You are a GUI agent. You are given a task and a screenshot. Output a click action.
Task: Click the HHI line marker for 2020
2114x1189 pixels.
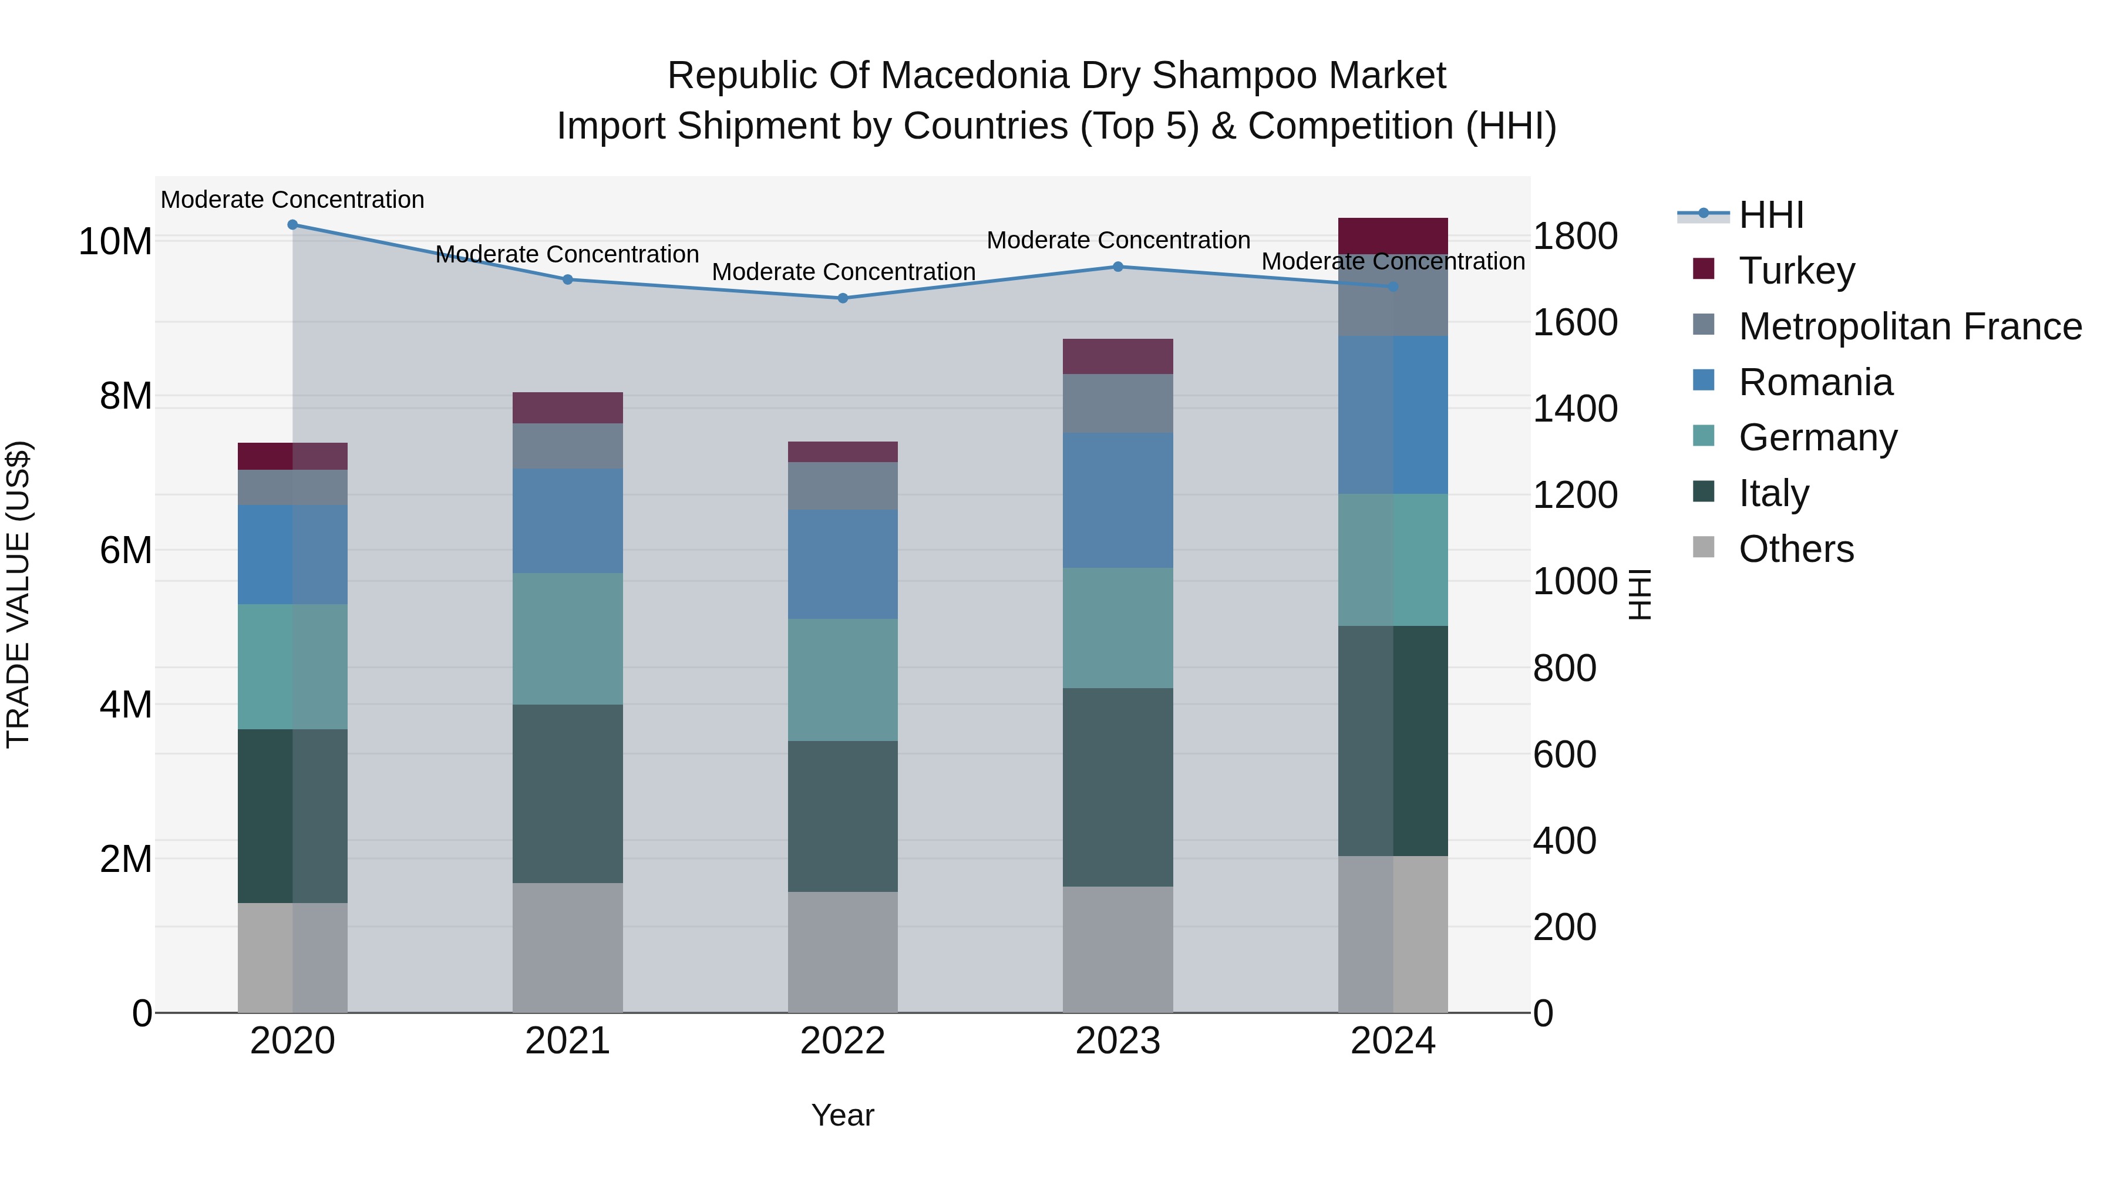pos(292,225)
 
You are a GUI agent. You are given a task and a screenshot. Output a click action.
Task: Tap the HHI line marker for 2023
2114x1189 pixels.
pos(1117,267)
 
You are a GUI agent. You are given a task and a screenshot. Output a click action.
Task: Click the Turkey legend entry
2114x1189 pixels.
pos(1796,270)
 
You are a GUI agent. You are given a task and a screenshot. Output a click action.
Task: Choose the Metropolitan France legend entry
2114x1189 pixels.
pos(1909,326)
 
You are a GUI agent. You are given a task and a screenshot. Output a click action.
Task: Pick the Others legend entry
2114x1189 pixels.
pos(1796,548)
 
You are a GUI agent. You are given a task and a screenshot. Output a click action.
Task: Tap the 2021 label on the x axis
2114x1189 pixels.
pos(567,1041)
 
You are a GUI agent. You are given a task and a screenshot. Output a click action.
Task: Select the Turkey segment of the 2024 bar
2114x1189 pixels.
pos(1393,235)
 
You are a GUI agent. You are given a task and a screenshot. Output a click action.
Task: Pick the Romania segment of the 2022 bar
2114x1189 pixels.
pos(843,564)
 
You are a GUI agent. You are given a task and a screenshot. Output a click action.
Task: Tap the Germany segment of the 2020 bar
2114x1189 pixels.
pos(292,666)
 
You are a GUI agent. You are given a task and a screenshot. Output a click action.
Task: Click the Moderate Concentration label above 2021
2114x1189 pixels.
pos(567,254)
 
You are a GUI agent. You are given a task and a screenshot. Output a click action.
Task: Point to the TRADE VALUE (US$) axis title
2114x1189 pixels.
pos(18,594)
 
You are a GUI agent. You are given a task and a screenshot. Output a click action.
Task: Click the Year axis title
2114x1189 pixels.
pos(843,1115)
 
